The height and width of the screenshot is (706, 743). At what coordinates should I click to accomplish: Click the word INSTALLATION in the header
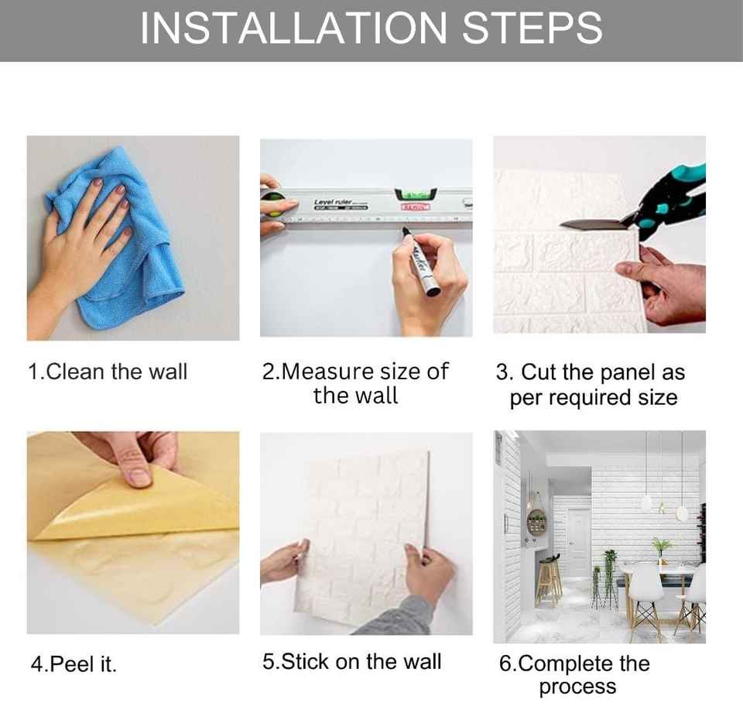pos(293,28)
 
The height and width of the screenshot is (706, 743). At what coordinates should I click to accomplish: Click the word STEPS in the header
pos(532,28)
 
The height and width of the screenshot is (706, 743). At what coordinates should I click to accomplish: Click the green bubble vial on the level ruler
pos(416,195)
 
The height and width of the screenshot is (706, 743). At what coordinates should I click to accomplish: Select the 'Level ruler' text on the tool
pos(333,202)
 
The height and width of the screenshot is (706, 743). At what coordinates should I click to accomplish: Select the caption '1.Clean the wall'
pos(108,372)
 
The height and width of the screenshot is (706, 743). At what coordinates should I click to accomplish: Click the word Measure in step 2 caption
pos(327,372)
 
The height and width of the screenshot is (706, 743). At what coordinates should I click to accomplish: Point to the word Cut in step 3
pos(539,372)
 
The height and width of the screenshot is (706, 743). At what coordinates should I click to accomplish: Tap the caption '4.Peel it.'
pos(74,664)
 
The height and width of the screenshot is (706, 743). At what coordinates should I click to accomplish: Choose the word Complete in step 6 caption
pos(584,663)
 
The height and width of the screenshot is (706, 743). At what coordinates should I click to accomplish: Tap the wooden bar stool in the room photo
pos(549,582)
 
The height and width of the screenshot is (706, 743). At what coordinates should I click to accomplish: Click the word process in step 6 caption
pos(577,687)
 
